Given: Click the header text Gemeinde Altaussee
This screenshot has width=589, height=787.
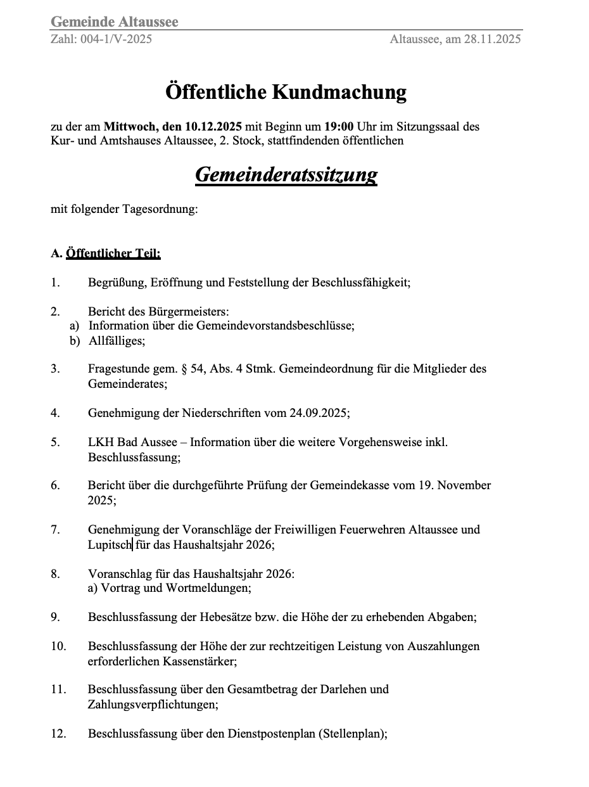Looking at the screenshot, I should [115, 22].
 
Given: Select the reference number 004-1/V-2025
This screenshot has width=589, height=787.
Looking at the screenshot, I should [117, 39].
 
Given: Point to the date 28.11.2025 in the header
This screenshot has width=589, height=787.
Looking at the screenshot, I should [492, 39].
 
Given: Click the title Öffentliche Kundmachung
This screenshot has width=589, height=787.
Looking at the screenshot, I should [286, 93].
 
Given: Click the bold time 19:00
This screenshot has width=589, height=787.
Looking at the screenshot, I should [339, 127].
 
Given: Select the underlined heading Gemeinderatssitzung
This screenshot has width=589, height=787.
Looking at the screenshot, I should [286, 174].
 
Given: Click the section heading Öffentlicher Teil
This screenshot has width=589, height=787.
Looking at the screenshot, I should [113, 254].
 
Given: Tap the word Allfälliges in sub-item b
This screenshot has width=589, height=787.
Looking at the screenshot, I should [117, 341].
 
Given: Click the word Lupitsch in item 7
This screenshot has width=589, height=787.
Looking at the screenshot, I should [110, 544].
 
